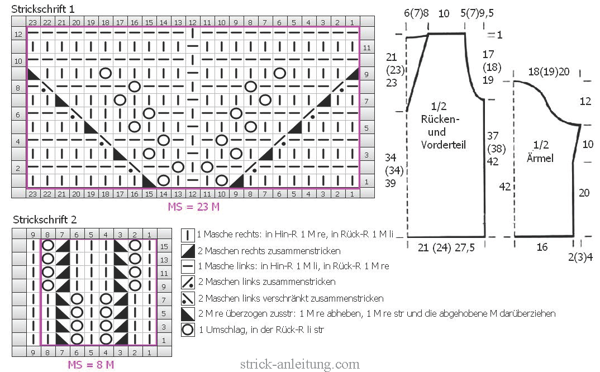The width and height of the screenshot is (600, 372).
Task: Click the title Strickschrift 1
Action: click(43, 9)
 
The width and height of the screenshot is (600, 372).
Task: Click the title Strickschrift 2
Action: click(45, 220)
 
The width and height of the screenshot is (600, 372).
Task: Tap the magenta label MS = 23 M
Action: click(194, 207)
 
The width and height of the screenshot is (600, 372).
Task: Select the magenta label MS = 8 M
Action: click(91, 364)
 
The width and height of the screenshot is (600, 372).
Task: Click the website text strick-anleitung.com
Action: click(299, 364)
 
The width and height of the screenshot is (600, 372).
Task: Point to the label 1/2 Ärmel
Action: click(540, 151)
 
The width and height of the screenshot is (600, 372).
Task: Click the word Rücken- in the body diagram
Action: click(440, 119)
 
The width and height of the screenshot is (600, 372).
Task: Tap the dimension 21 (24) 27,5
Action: click(446, 247)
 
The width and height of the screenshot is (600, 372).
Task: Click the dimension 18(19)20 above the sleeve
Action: click(549, 71)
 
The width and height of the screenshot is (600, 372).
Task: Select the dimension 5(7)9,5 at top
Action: click(477, 13)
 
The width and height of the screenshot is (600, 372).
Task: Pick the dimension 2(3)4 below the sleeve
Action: click(580, 257)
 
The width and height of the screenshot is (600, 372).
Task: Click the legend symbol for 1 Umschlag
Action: click(188, 330)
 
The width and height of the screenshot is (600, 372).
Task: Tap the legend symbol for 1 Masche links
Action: click(188, 266)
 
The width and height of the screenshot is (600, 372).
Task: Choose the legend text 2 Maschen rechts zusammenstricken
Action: click(269, 251)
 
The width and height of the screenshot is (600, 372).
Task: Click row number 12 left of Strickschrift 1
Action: click(18, 35)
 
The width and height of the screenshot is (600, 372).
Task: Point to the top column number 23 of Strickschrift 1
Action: click(33, 22)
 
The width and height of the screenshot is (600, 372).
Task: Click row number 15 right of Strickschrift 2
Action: click(164, 246)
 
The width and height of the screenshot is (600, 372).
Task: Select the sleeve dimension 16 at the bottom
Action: click(542, 247)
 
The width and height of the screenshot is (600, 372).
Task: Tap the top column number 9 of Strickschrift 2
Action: click(34, 235)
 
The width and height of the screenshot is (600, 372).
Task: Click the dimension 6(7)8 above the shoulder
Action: click(416, 13)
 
